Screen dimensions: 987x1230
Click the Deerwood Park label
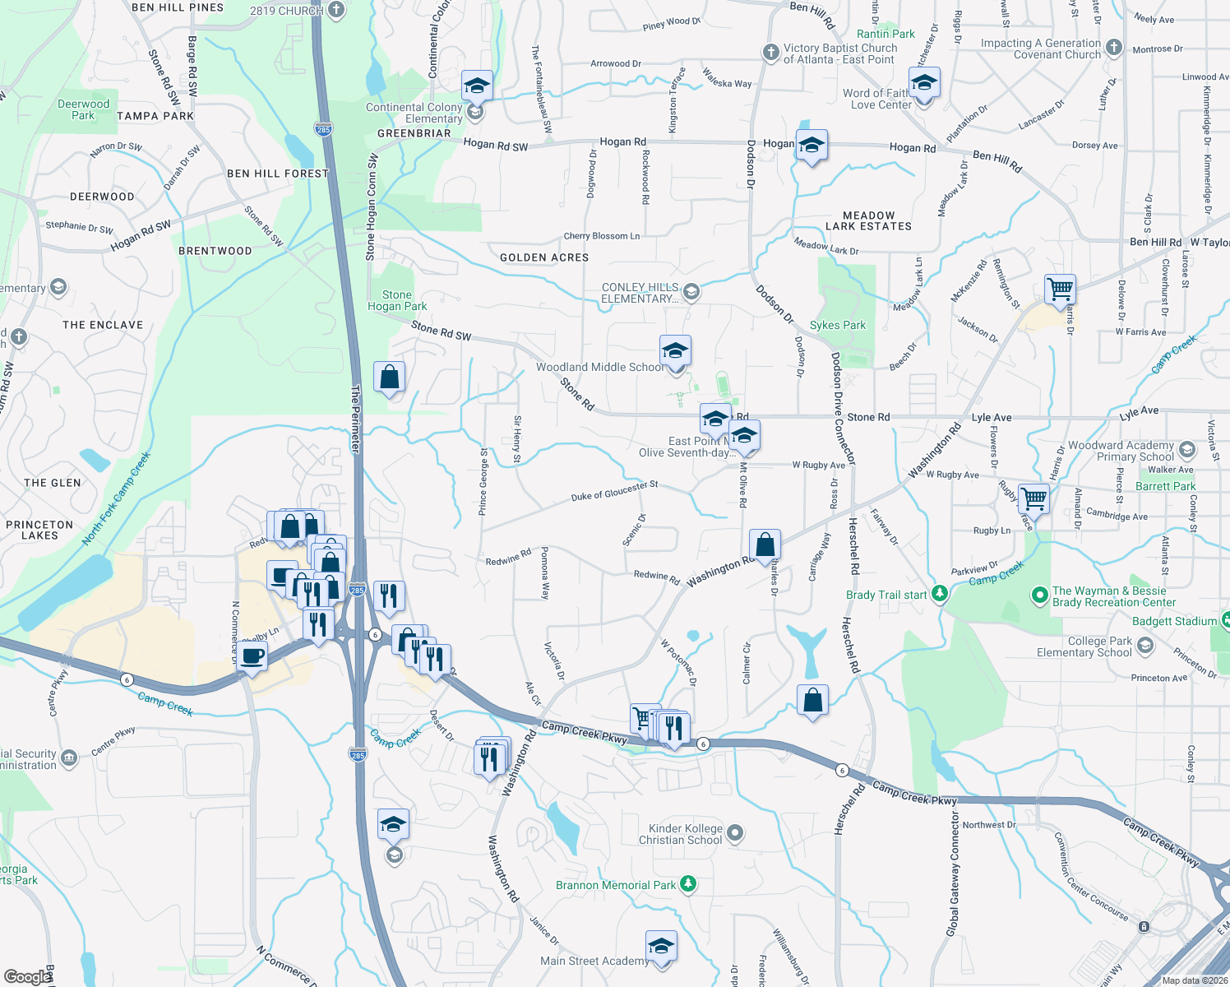pos(83,109)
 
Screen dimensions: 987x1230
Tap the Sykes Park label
pos(837,325)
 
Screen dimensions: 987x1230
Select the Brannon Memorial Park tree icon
pos(688,884)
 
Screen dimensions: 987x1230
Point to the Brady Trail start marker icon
pos(940,594)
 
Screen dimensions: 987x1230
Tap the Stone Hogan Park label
pos(397,300)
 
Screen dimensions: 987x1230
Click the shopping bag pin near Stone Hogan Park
pos(389,378)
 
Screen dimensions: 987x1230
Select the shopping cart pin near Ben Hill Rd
pos(1061,289)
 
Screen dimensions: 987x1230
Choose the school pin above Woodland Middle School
pos(674,351)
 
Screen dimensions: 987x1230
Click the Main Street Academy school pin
pos(660,947)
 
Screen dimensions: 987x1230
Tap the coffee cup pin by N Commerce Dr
pos(253,657)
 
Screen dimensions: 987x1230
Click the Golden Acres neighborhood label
pos(544,257)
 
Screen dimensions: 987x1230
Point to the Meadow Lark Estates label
pos(868,220)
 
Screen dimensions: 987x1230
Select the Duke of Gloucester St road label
pos(614,491)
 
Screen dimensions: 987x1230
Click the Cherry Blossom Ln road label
pos(601,236)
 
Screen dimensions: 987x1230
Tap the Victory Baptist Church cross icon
pos(770,53)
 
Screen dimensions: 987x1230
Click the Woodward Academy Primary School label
pos(1121,451)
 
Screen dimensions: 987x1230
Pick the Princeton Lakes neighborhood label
pos(39,530)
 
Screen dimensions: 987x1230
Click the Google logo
pos(27,976)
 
